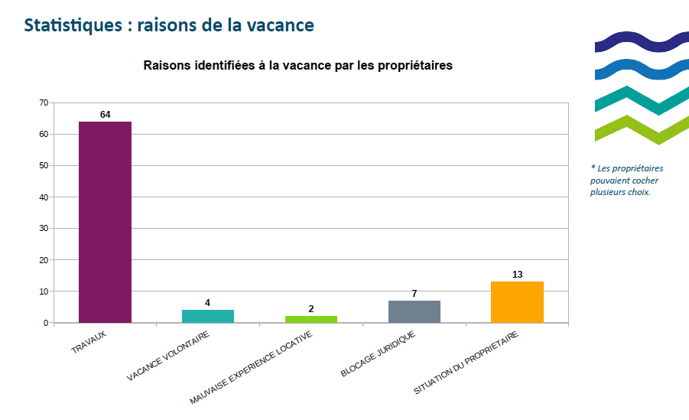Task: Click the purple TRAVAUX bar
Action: [105, 222]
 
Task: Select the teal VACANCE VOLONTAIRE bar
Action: [208, 316]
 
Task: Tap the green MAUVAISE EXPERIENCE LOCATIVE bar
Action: [311, 319]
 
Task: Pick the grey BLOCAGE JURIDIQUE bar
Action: [414, 311]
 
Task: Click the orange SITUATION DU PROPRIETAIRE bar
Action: [517, 302]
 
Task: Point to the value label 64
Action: [105, 115]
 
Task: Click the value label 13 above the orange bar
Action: [517, 275]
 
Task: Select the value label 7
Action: [414, 294]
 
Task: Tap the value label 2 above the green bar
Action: [311, 309]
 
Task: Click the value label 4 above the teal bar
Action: [207, 303]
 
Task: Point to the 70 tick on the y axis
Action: [44, 103]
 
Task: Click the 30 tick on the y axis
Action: [44, 229]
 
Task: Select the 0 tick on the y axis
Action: [46, 323]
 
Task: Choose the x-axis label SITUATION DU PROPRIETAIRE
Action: [466, 363]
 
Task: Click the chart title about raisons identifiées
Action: [298, 66]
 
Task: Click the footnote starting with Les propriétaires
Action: [627, 180]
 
